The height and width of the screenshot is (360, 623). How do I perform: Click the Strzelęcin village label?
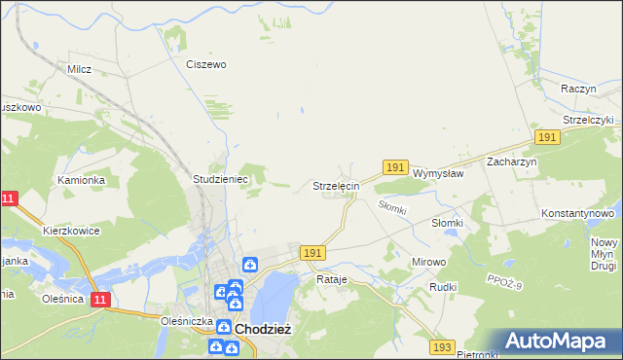point(336,185)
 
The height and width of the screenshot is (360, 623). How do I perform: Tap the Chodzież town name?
point(260,330)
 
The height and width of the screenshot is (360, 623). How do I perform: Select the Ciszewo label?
point(206,64)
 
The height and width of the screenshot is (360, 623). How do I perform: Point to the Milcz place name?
point(79,70)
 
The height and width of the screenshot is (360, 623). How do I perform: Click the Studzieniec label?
point(221,180)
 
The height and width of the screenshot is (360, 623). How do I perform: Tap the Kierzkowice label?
point(73,232)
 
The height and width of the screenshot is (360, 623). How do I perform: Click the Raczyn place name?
point(578,88)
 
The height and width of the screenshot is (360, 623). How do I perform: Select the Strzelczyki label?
point(587,120)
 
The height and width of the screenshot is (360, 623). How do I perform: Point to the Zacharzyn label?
point(512,162)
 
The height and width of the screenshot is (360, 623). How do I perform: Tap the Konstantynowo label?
point(578,212)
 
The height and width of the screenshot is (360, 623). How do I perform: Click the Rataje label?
point(332,279)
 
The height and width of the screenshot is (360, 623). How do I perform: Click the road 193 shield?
point(443,347)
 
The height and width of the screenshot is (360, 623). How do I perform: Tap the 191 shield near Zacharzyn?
point(547,138)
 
